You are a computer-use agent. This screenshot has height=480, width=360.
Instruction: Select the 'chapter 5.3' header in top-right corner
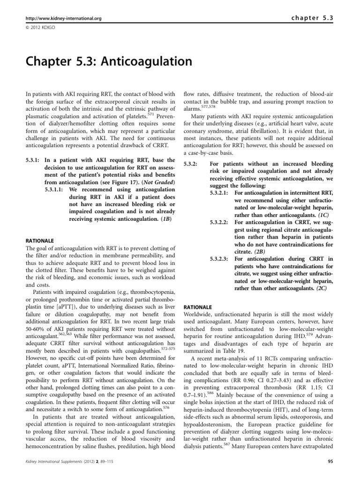pyautogui.click(x=311, y=18)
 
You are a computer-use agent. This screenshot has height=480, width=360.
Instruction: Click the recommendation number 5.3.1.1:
pyautogui.click(x=55, y=190)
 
